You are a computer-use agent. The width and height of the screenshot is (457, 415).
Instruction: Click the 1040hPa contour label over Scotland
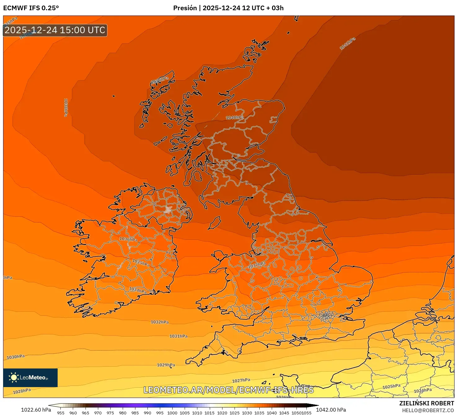(x=235, y=118)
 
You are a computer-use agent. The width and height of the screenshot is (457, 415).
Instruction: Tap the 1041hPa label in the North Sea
(x=347, y=43)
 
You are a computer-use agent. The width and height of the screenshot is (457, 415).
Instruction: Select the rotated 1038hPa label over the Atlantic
(x=66, y=108)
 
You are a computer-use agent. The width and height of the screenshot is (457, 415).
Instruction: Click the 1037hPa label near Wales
(x=257, y=265)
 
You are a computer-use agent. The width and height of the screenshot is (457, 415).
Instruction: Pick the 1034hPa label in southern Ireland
(x=138, y=290)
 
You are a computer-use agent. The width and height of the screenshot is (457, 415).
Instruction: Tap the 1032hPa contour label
(x=160, y=322)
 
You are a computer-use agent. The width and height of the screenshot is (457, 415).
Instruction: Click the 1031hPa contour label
(x=178, y=336)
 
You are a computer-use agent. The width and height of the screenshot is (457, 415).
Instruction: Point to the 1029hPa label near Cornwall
(x=166, y=365)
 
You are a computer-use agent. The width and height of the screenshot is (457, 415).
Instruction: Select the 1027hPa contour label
(x=241, y=380)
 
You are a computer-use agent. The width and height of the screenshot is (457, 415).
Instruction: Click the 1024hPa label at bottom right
(x=423, y=390)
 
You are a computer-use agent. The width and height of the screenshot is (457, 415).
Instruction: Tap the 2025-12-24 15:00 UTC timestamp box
(x=55, y=30)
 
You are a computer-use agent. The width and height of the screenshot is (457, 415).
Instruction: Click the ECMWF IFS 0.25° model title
(x=31, y=8)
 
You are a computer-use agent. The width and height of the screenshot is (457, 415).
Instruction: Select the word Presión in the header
(x=185, y=8)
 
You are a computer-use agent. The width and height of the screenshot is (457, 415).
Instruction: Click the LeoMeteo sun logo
(x=14, y=377)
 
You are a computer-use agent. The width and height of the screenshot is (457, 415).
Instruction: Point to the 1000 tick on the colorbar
(x=172, y=413)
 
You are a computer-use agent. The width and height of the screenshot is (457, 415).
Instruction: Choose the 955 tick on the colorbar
(x=61, y=413)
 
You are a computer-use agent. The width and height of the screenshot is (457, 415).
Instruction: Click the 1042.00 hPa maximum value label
(x=331, y=410)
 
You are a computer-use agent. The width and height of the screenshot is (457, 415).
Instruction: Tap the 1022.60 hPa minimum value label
(x=36, y=410)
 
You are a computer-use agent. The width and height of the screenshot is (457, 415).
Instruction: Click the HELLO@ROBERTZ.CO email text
(x=428, y=410)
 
